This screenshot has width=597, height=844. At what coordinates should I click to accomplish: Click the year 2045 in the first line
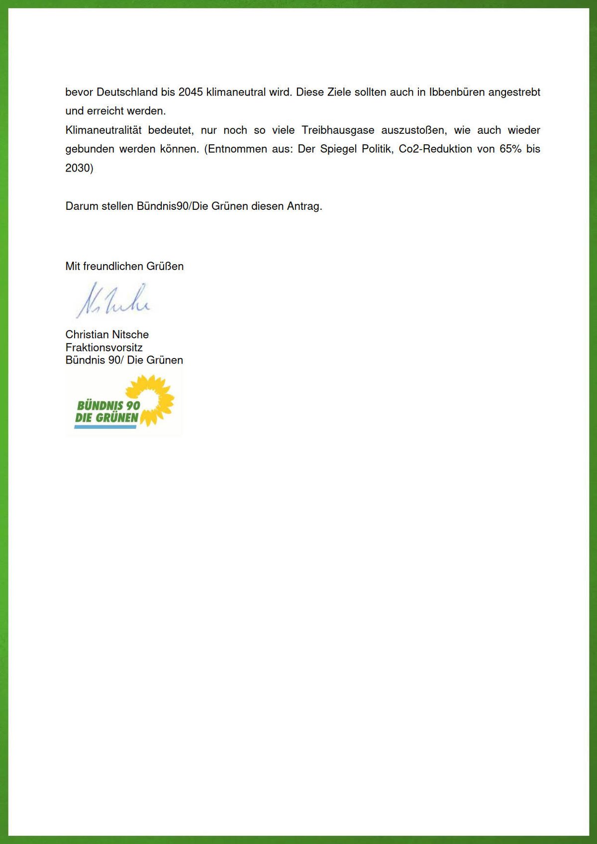(x=191, y=93)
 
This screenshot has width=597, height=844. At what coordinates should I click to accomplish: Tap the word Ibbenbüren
(x=456, y=93)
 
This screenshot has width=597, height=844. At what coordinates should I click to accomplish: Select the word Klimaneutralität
(x=103, y=130)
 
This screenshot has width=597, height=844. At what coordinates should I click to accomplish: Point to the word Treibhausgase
(x=338, y=130)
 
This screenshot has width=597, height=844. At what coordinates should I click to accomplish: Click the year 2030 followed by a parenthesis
(x=79, y=168)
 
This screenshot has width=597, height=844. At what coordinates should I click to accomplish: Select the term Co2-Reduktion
(x=435, y=149)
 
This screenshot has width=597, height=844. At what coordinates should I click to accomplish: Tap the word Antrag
(x=304, y=206)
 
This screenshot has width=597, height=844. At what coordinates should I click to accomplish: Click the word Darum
(x=82, y=206)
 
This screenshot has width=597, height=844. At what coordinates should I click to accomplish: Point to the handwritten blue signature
(x=113, y=301)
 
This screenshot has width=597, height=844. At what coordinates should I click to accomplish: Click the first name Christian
(x=87, y=335)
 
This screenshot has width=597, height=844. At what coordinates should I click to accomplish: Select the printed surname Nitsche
(x=130, y=335)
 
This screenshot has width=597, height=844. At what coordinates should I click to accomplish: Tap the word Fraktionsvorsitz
(x=104, y=348)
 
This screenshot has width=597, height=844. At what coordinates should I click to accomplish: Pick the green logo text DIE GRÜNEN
(x=106, y=418)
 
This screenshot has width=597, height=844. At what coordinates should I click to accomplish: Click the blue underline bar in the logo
(x=105, y=427)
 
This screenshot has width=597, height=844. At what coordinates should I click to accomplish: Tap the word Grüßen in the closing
(x=165, y=267)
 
